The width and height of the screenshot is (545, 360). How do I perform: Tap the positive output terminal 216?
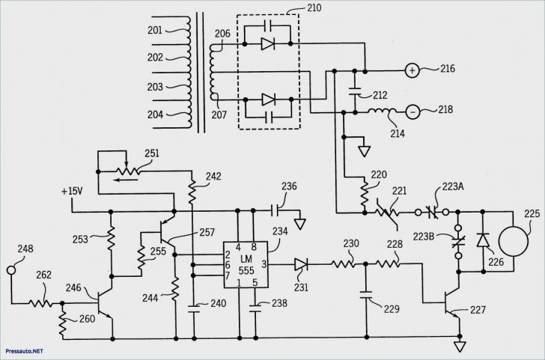point(412,71)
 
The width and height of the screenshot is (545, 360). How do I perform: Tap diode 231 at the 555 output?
point(301,263)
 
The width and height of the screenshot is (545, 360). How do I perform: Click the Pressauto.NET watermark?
point(22,350)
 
